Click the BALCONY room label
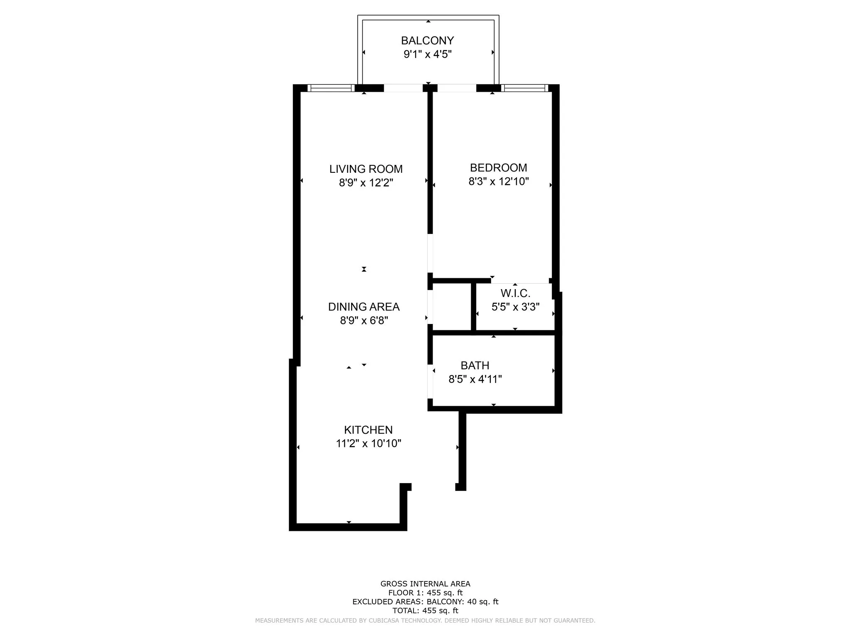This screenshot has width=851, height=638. tap(427, 41)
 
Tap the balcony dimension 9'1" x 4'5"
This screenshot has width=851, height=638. tap(427, 54)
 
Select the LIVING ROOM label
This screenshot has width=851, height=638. tap(366, 169)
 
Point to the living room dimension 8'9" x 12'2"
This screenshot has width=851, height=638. tap(366, 183)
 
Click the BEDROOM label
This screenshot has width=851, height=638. tap(498, 168)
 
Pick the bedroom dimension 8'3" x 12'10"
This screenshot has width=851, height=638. tap(498, 182)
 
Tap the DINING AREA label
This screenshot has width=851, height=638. tap(364, 307)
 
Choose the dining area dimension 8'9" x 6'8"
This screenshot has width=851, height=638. tap(364, 321)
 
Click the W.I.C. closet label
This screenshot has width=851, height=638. tap(515, 294)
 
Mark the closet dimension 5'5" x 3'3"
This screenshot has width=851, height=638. tap(515, 307)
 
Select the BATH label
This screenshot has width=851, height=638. tap(475, 366)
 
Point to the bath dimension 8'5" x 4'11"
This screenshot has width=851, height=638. tap(475, 379)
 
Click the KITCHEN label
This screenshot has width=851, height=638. tap(368, 430)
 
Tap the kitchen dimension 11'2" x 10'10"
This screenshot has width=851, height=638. tap(368, 444)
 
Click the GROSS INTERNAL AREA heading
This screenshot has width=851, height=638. tap(425, 584)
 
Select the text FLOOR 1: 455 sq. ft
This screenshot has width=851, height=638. tap(425, 593)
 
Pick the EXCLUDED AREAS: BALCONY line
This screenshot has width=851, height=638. tap(425, 602)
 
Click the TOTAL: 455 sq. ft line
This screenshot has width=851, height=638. tap(425, 611)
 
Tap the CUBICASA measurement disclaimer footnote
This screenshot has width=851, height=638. tap(425, 621)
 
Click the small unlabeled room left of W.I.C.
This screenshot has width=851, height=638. tap(452, 307)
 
